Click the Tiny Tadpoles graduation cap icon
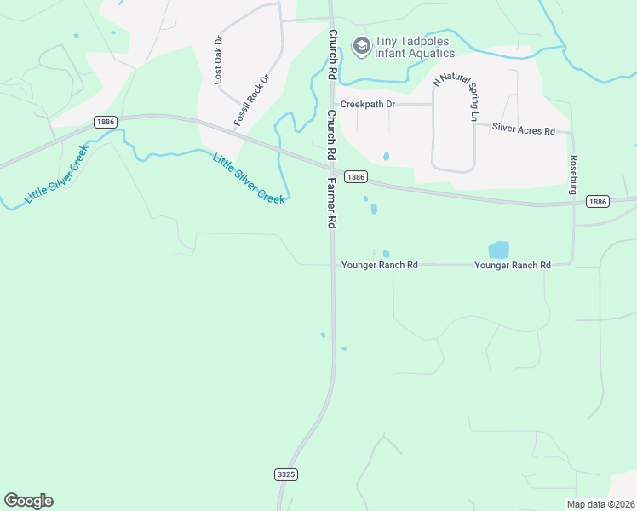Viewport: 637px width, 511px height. point(361,46)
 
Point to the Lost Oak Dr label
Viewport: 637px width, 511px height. point(219,60)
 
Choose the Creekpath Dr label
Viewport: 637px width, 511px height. point(368,104)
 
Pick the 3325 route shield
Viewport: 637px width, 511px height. point(286,474)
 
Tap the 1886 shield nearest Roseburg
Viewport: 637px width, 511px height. point(597,201)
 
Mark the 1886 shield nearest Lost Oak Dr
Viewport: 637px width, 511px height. point(106,123)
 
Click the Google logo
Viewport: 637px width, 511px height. point(28,501)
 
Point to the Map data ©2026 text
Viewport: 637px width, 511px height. point(600,504)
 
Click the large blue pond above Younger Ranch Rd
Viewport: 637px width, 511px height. point(498,250)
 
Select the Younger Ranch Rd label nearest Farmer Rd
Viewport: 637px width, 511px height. point(379,265)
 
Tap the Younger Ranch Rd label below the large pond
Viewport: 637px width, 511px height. point(512,265)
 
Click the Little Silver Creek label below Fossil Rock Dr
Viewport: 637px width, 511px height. point(249,178)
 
